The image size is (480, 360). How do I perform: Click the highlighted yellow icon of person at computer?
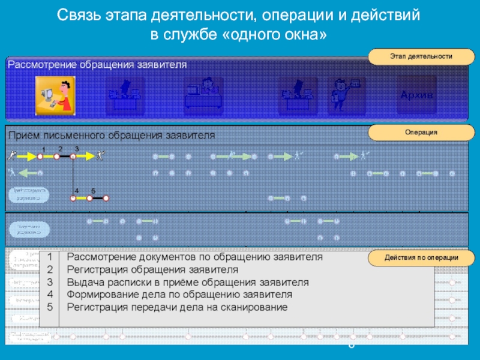tap(55, 95)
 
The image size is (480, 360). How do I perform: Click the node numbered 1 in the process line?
tap(40, 156)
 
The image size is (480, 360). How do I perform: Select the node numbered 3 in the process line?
tap(73, 156)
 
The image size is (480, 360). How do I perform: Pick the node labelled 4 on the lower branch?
tap(74, 197)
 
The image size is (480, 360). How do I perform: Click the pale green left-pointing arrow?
tap(28, 173)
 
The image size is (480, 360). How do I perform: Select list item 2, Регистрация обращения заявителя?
tap(152, 269)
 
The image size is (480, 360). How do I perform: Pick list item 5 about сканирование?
tap(177, 307)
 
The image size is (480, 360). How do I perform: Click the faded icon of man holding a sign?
tap(346, 95)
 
